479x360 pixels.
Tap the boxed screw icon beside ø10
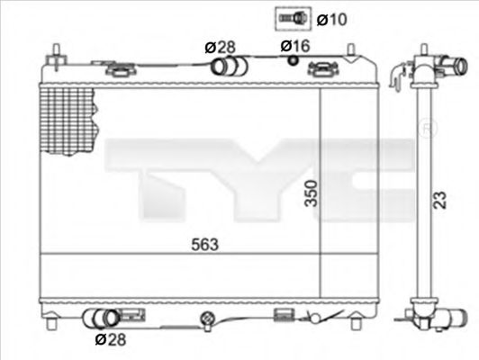(289, 17)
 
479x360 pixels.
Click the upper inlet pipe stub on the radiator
(223, 67)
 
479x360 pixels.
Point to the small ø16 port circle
(293, 61)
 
